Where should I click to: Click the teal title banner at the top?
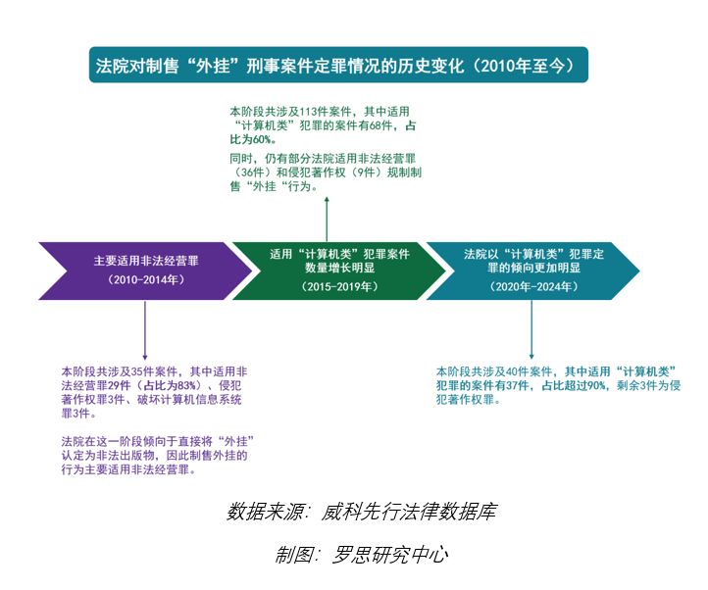(338, 66)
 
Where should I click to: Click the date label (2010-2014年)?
(146, 280)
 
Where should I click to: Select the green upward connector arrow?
(327, 216)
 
